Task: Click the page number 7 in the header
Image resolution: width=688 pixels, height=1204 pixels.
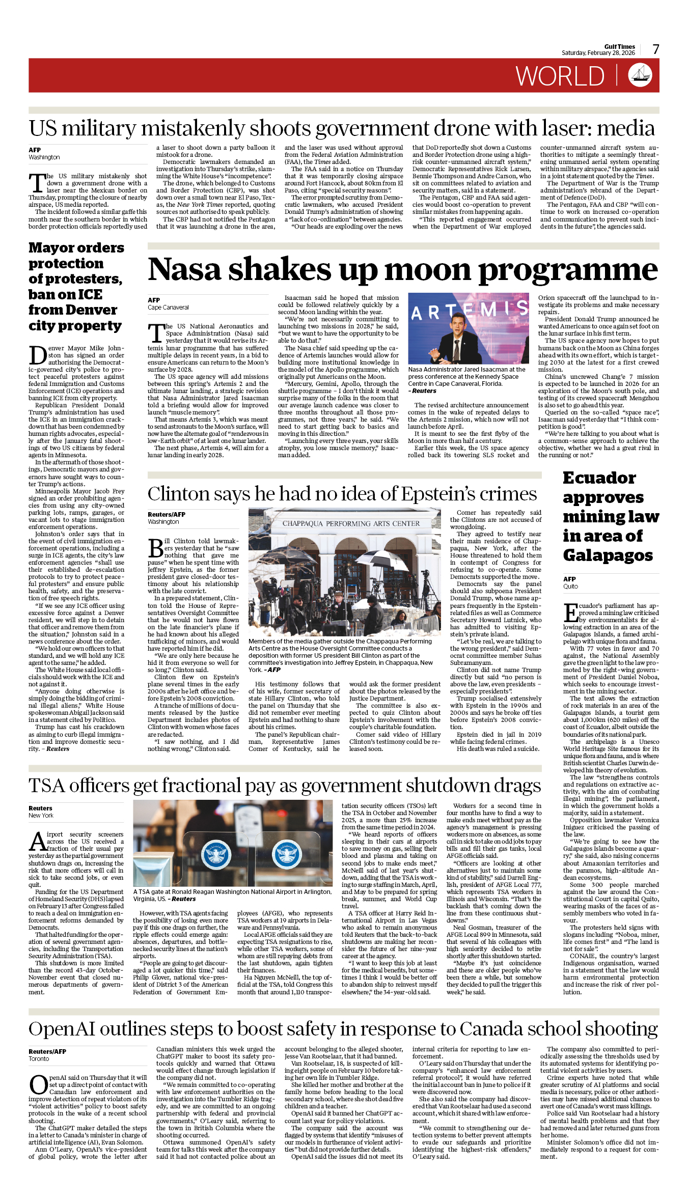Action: [656, 49]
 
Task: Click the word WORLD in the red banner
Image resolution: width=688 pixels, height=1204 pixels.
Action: [560, 76]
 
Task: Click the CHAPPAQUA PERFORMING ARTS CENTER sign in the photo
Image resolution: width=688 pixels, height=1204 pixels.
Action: [351, 523]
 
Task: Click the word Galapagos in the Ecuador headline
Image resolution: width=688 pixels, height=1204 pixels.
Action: [608, 555]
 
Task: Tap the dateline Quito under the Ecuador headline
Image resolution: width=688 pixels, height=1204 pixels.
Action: [570, 586]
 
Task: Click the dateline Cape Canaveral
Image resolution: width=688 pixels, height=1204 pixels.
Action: [168, 307]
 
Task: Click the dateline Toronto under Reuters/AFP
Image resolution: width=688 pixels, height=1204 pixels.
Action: [39, 1058]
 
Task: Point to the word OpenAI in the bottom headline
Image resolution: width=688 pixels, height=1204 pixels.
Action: [62, 1029]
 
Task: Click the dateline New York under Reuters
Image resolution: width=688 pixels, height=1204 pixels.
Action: [41, 815]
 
